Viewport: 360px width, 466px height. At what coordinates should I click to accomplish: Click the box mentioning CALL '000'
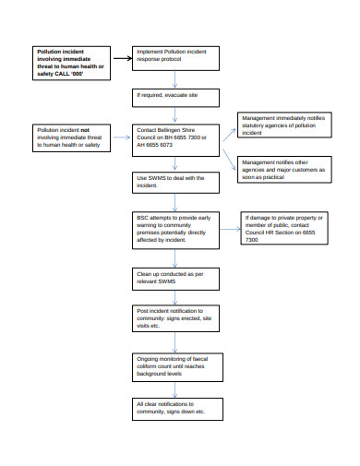click(71, 61)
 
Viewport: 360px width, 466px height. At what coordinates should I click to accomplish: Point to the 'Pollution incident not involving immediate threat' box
click(71, 138)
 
